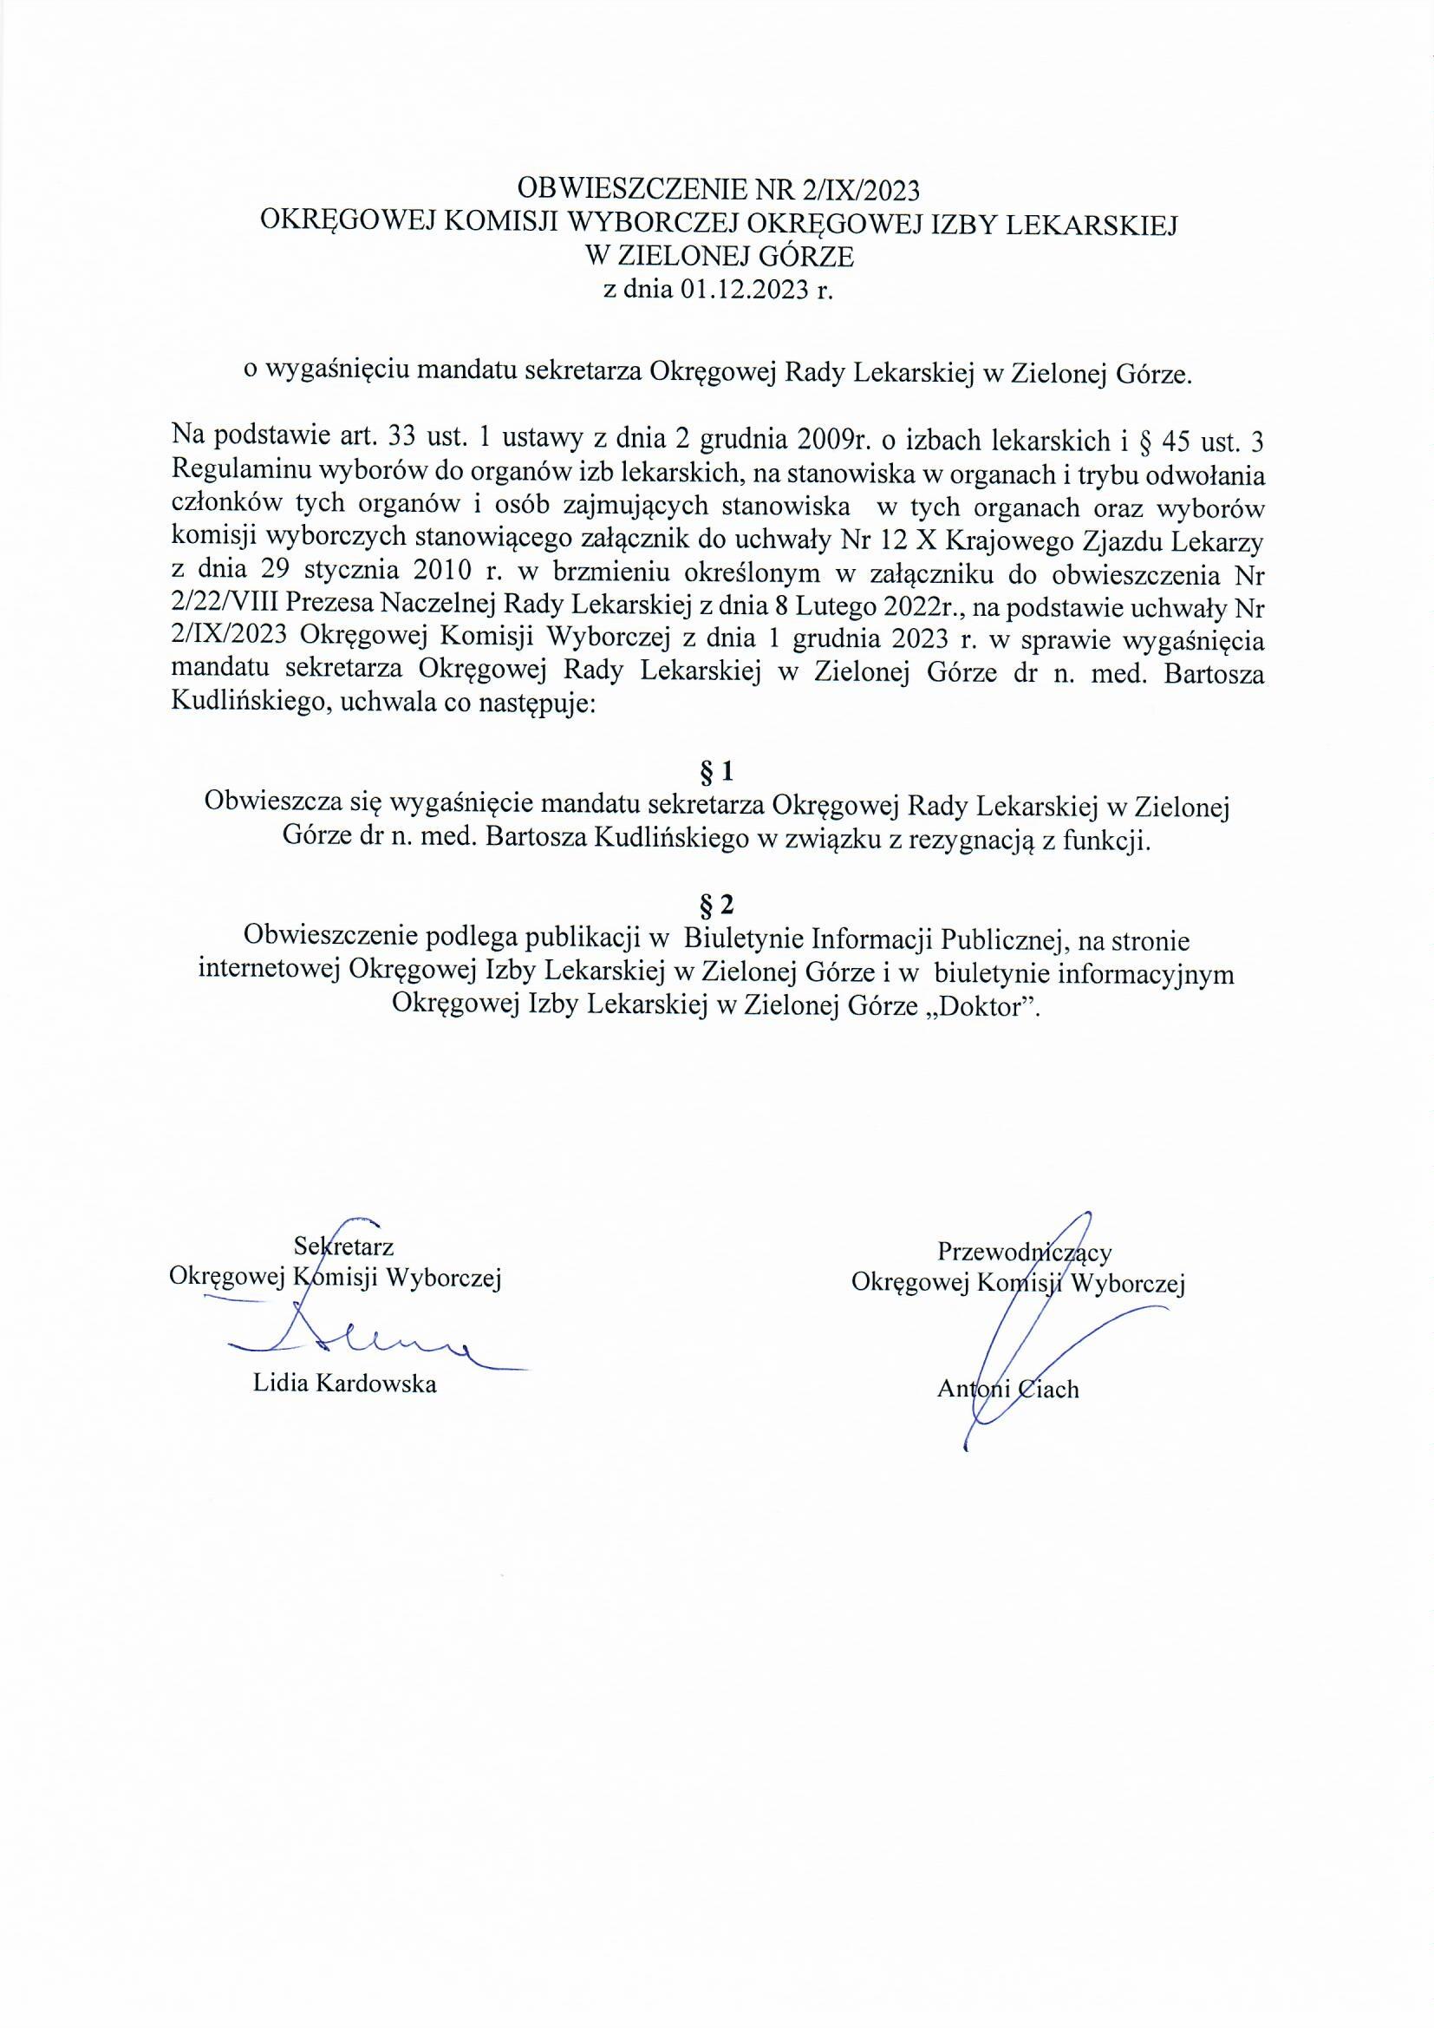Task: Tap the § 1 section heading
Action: tap(716, 773)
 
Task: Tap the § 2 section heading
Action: tap(716, 906)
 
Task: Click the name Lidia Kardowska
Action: tap(344, 1384)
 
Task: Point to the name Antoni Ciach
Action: tap(1007, 1390)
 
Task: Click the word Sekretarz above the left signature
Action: tap(343, 1246)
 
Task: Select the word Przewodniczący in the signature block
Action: tap(1024, 1252)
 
